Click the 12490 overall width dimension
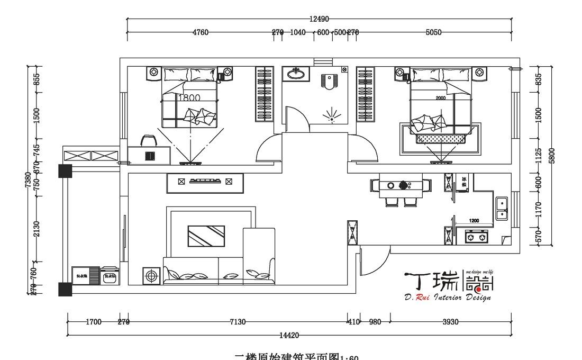tap(319, 19)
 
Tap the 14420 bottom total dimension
tap(289, 335)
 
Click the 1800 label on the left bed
tap(189, 98)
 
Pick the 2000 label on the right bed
tap(440, 98)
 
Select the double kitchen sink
tap(501, 209)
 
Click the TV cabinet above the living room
tap(205, 183)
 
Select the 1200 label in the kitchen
tap(474, 221)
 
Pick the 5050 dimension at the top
tap(433, 32)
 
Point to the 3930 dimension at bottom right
tap(451, 322)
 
